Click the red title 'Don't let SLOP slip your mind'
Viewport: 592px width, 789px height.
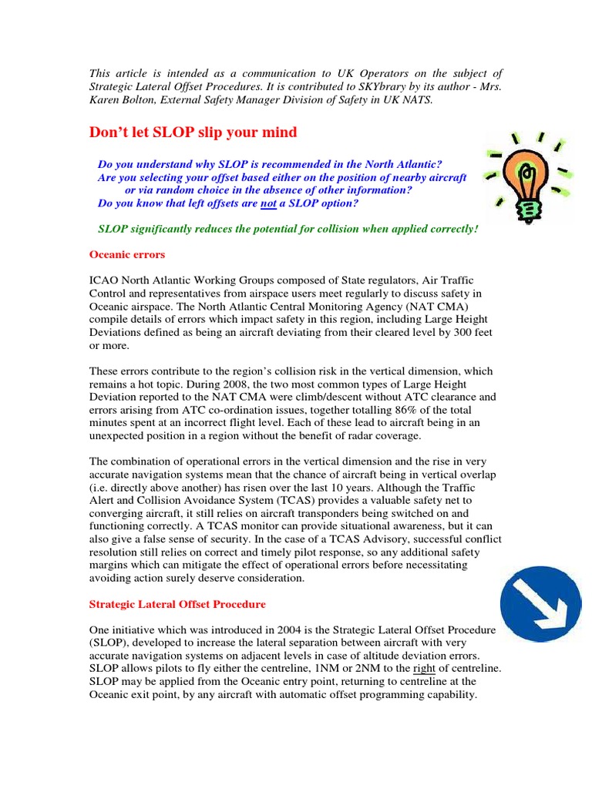(x=193, y=133)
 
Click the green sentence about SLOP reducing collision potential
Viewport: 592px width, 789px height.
(x=288, y=230)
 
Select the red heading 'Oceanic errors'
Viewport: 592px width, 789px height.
(x=127, y=254)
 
